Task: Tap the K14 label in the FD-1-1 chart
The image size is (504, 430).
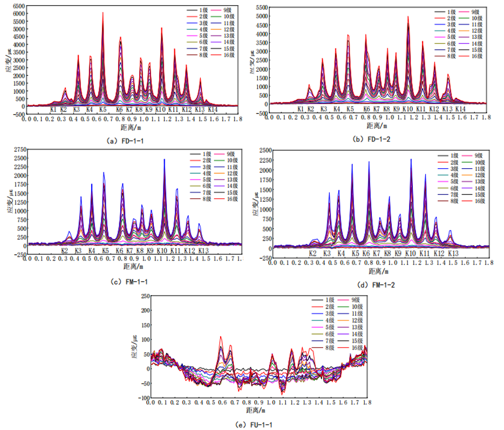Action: [x=213, y=109]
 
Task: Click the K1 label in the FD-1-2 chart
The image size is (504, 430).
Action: [x=300, y=109]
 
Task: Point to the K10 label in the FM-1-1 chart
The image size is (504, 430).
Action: [x=161, y=251]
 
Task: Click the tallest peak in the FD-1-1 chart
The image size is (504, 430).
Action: [x=103, y=13]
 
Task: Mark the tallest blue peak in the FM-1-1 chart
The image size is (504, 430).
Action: [x=165, y=160]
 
